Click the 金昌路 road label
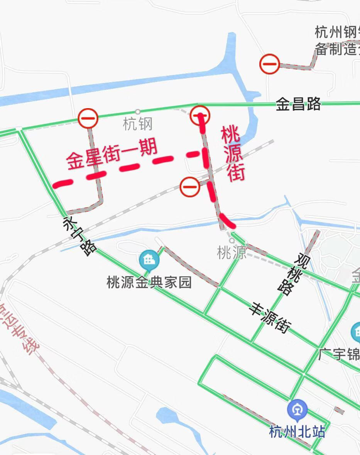pyautogui.click(x=298, y=104)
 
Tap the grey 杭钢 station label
pyautogui.click(x=138, y=124)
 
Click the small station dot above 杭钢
pyautogui.click(x=138, y=112)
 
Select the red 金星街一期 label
pyautogui.click(x=112, y=154)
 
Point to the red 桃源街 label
pyautogui.click(x=233, y=154)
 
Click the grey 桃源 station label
pyautogui.click(x=232, y=253)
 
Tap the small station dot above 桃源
pyautogui.click(x=232, y=240)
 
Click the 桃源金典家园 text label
pyautogui.click(x=149, y=283)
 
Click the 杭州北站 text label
pyautogui.click(x=297, y=431)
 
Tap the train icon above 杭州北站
pyautogui.click(x=297, y=410)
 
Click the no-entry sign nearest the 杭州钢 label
pyautogui.click(x=269, y=64)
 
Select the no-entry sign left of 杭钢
pyautogui.click(x=88, y=118)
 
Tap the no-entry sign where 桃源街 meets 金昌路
pyautogui.click(x=200, y=115)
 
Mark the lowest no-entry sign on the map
pyautogui.click(x=190, y=187)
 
